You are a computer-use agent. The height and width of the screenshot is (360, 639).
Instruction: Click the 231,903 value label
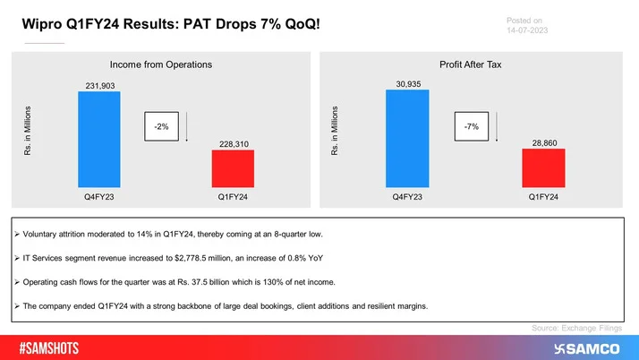point(98,86)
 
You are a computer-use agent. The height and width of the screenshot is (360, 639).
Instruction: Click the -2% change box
point(162,127)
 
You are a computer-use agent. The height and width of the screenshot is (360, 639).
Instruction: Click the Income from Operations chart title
point(161,64)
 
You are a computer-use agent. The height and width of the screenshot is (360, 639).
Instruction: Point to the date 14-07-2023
point(526,31)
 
